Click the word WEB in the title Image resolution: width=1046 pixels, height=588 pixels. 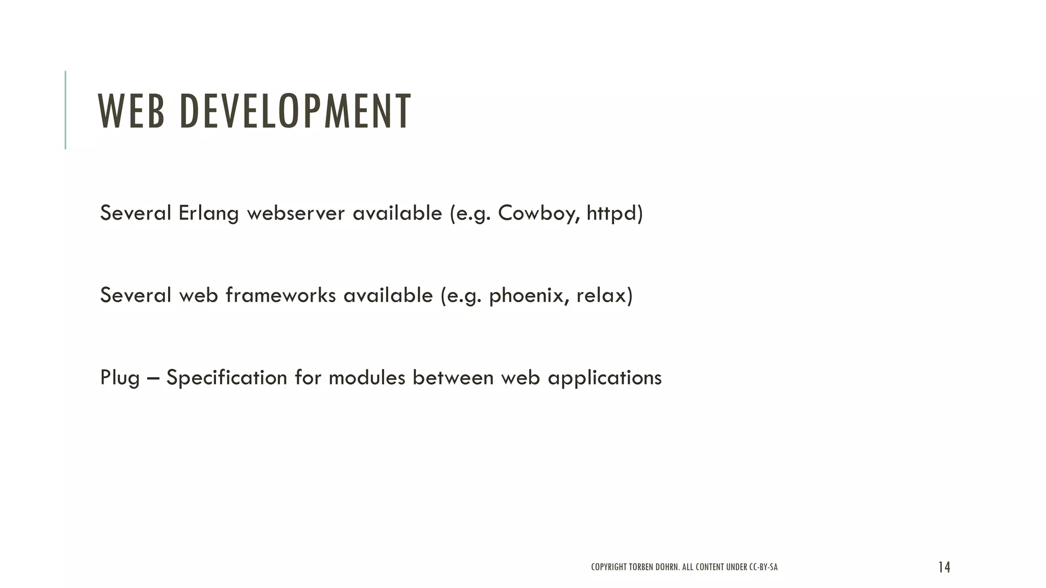131,111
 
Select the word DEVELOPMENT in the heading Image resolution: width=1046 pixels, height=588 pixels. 295,111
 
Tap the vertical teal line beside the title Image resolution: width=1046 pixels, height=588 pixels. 65,110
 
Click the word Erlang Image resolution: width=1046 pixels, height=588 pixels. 208,213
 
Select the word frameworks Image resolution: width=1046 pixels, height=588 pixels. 280,296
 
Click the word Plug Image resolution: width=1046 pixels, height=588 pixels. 120,378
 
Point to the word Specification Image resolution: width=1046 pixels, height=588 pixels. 227,378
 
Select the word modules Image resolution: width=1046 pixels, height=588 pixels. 367,378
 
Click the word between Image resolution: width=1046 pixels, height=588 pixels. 453,378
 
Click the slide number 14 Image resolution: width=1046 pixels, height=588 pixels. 944,567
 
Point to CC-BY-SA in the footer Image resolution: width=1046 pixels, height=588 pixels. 763,567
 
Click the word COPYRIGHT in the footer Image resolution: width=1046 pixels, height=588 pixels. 609,567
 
